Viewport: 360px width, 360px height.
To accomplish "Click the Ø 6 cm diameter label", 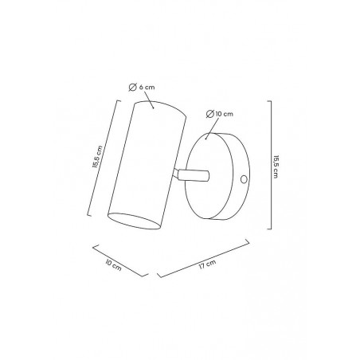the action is (142, 87).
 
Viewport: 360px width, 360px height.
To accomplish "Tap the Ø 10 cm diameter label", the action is (220, 114).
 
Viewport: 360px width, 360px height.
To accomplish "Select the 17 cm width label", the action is (208, 264).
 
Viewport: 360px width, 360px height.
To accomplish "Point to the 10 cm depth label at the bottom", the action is (113, 265).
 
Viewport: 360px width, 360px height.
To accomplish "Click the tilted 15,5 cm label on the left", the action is (97, 157).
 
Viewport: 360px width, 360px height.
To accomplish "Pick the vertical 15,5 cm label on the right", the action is (276, 166).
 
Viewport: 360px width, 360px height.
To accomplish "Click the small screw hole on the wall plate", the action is (244, 179).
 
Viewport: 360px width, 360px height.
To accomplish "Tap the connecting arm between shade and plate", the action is (191, 175).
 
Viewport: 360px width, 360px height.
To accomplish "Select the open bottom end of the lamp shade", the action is (134, 221).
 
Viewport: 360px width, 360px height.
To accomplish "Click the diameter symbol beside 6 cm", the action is (132, 87).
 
